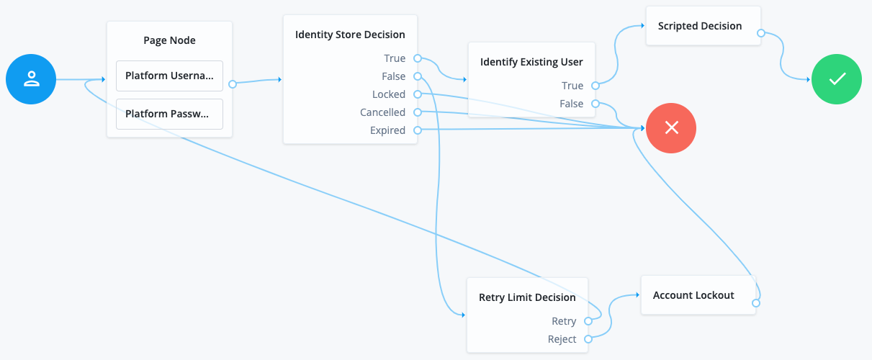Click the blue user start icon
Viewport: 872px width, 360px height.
pos(31,79)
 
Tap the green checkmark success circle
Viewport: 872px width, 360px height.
pos(837,79)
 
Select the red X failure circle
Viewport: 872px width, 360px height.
pos(671,128)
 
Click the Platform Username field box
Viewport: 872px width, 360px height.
pos(169,76)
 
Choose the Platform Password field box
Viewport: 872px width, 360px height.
pos(169,114)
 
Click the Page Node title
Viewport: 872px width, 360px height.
pos(169,40)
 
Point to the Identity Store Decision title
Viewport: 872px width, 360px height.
pos(350,35)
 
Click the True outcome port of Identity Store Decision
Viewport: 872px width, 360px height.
pos(418,58)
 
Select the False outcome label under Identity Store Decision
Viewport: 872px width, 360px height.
pos(393,76)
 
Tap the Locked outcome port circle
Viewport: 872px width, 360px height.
pos(418,94)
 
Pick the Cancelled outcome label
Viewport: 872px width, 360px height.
pos(382,112)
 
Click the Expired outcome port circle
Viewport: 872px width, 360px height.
pos(418,130)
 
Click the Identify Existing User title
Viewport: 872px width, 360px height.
pos(531,62)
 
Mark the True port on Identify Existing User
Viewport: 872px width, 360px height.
pos(595,86)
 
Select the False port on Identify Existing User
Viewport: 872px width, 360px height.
pos(595,104)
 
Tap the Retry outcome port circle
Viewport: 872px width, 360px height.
pos(588,321)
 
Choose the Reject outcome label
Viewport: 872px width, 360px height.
pos(562,339)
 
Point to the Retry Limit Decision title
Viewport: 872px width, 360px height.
pos(527,297)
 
